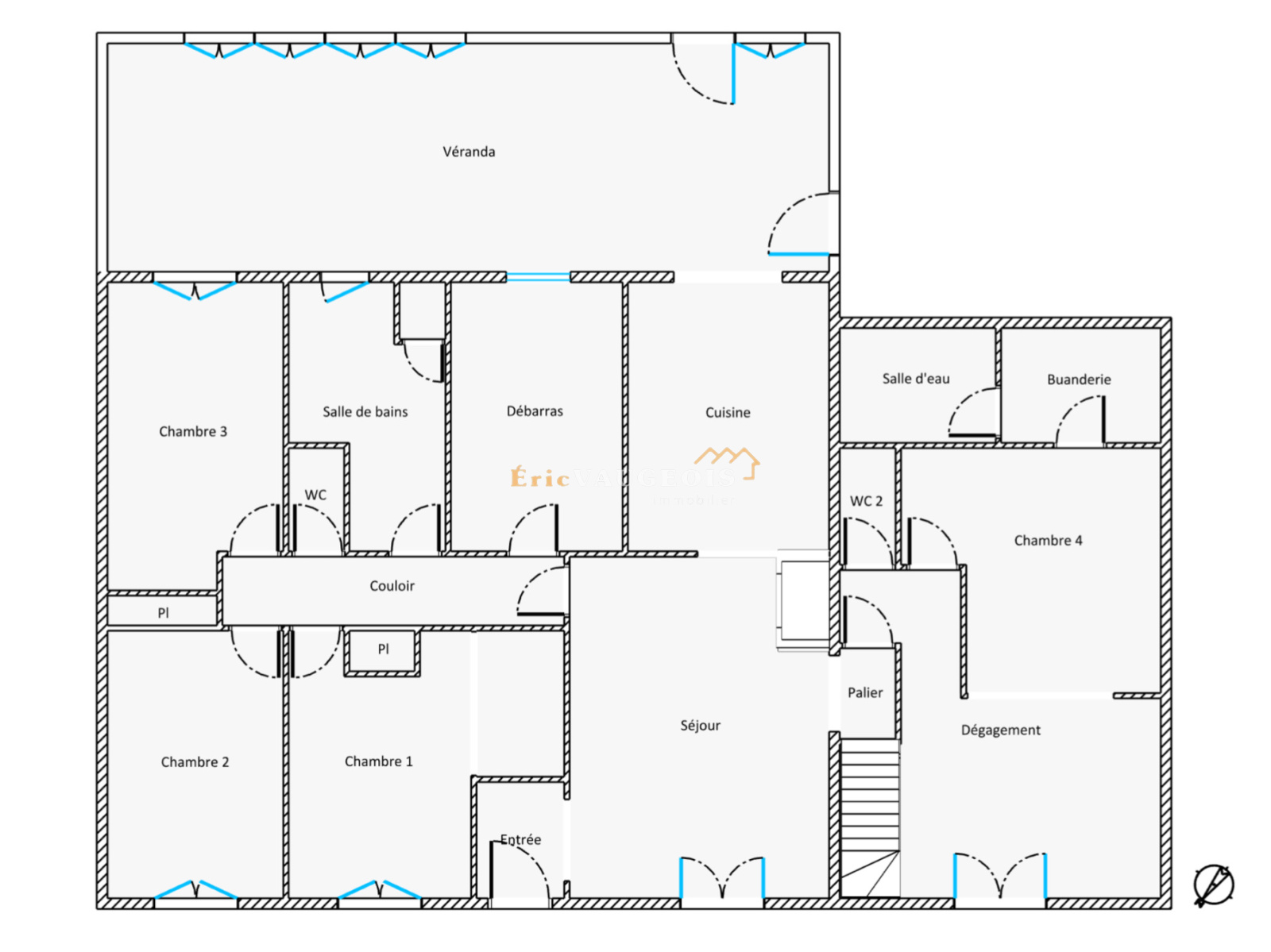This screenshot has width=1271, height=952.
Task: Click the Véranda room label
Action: [x=469, y=152]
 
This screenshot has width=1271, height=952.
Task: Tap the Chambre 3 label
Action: [x=193, y=431]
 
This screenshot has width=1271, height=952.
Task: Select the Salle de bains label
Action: [x=365, y=411]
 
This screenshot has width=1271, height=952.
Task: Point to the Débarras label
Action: [x=535, y=410]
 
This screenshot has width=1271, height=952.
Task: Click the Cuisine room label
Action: [x=728, y=412]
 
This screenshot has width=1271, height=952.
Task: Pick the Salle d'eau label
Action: [x=916, y=379]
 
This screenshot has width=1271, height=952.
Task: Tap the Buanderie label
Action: [x=1079, y=380]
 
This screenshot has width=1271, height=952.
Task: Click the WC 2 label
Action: [x=866, y=501]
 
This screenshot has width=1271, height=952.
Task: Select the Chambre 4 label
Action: [x=1048, y=540]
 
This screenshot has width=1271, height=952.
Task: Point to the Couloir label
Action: [x=392, y=586]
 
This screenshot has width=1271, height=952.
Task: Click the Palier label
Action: [x=865, y=692]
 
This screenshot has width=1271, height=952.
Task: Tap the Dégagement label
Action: [x=1000, y=730]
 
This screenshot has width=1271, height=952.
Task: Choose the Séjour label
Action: [x=700, y=725]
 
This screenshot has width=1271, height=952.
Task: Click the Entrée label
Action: [x=521, y=839]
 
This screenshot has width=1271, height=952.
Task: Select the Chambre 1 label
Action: [x=378, y=761]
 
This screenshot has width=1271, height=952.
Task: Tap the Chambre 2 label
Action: [x=195, y=762]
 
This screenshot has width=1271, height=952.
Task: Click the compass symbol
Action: [x=1213, y=885]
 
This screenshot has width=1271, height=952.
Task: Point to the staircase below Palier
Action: [x=870, y=818]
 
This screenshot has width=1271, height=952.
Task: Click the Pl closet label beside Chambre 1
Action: [x=383, y=649]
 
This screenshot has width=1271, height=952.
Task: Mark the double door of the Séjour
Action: [x=722, y=877]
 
